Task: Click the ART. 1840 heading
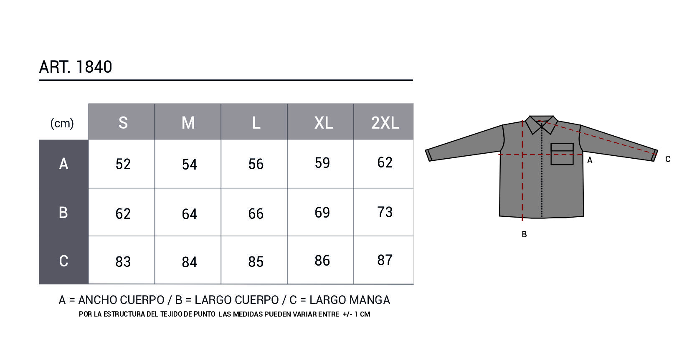click(75, 67)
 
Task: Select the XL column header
click(323, 123)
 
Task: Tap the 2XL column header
click(385, 123)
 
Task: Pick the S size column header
click(123, 123)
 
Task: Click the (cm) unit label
click(62, 123)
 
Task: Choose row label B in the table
click(63, 213)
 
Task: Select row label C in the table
click(63, 261)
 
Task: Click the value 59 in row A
click(322, 163)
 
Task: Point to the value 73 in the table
click(385, 212)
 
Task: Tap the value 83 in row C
click(123, 262)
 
